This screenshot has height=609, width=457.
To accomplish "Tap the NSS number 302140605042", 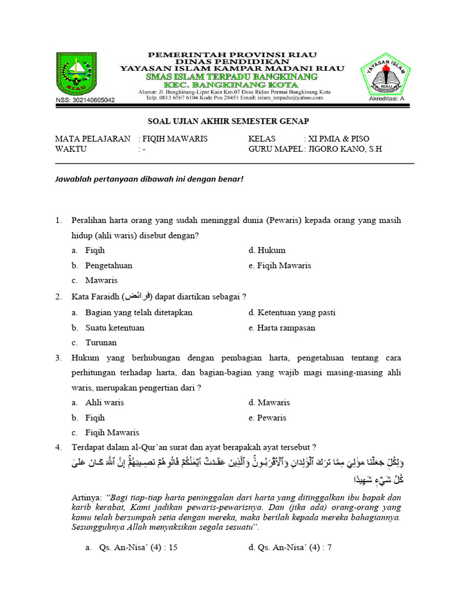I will click(x=85, y=100).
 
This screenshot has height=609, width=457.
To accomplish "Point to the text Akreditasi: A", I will click(x=386, y=99).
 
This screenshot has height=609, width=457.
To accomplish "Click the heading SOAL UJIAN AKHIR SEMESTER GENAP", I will click(x=228, y=121).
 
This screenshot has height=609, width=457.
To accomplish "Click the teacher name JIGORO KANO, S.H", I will click(x=345, y=149).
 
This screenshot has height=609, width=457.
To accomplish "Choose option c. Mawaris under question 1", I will click(x=101, y=280).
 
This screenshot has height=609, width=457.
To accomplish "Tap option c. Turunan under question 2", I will click(x=101, y=343).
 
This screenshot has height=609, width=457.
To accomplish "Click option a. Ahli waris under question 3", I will click(x=104, y=403).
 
